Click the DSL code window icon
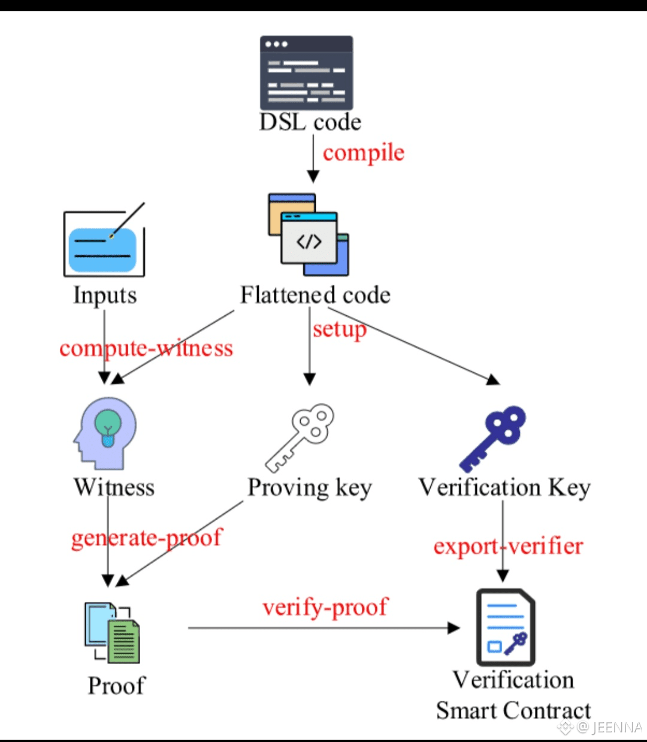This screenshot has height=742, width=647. pyautogui.click(x=306, y=73)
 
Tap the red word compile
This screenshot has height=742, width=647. pyautogui.click(x=364, y=153)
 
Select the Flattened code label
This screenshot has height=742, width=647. pyautogui.click(x=315, y=295)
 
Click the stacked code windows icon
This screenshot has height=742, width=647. pyautogui.click(x=309, y=234)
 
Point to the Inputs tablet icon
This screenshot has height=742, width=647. pyautogui.click(x=104, y=244)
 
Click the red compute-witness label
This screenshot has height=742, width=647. pyautogui.click(x=146, y=348)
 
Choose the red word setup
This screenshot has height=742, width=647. pyautogui.click(x=339, y=329)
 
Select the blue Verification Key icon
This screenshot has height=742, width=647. pyautogui.click(x=492, y=439)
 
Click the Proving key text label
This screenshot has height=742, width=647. pyautogui.click(x=310, y=488)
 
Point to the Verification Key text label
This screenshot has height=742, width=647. pyautogui.click(x=504, y=487)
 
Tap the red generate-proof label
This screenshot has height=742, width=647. pyautogui.click(x=147, y=538)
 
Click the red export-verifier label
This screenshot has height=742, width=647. pyautogui.click(x=508, y=546)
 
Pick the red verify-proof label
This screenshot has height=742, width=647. pyautogui.click(x=325, y=607)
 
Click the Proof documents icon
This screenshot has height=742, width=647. pyautogui.click(x=112, y=632)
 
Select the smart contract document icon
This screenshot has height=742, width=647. pyautogui.click(x=505, y=628)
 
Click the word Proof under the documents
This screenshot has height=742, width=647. pyautogui.click(x=116, y=686)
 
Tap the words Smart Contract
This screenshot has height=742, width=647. pyautogui.click(x=513, y=711)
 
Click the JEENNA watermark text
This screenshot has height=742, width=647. pyautogui.click(x=609, y=728)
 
